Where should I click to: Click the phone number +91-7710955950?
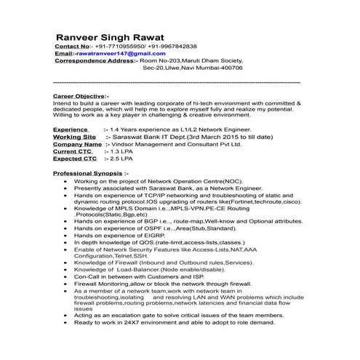click(119, 46)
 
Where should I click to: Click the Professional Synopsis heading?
click(91, 174)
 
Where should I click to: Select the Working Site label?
click(75, 137)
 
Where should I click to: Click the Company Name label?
click(77, 144)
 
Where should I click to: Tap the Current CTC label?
click(75, 151)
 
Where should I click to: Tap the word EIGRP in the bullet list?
click(151, 236)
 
